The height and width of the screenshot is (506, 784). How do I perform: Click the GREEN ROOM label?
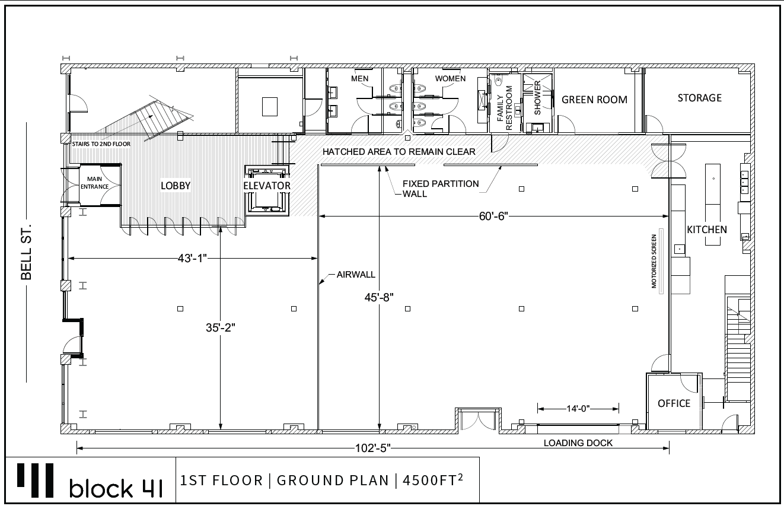click(594, 100)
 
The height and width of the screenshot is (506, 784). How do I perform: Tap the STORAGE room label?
click(700, 98)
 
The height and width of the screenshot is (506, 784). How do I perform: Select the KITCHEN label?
click(707, 230)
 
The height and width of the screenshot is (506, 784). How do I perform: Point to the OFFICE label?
click(674, 404)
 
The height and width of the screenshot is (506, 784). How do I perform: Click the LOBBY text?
click(176, 186)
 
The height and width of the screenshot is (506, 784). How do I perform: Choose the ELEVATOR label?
click(267, 186)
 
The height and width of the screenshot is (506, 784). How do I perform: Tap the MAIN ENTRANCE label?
click(94, 183)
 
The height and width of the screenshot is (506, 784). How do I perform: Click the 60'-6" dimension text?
click(493, 217)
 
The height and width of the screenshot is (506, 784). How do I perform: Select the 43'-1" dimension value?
click(192, 259)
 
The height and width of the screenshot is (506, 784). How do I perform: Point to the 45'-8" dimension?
click(379, 298)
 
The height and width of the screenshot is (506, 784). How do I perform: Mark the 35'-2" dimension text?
click(221, 328)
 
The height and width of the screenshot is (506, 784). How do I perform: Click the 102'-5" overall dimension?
click(373, 448)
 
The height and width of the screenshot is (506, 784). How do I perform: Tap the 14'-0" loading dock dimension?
click(578, 409)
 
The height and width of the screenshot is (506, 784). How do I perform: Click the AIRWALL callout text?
click(356, 275)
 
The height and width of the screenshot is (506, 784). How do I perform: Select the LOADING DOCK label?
click(578, 443)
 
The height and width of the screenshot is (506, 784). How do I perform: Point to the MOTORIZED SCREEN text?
click(654, 261)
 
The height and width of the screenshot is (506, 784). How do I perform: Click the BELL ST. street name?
click(26, 252)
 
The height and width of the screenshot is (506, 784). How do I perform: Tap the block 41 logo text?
click(116, 488)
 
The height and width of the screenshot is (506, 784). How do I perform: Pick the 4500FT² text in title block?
click(433, 480)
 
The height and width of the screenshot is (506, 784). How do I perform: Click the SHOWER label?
click(538, 98)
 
